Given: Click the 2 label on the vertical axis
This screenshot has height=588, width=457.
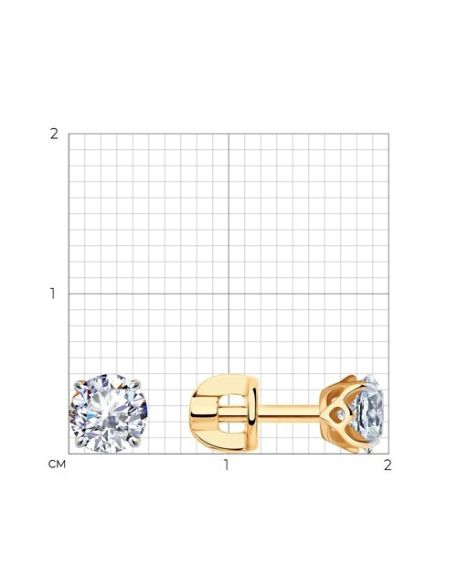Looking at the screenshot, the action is [54, 134].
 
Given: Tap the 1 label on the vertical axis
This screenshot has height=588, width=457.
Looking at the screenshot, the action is [53, 294].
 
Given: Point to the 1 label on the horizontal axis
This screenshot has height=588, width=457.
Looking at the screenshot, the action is [226, 465].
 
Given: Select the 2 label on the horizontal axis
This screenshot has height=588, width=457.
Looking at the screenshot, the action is [388, 465].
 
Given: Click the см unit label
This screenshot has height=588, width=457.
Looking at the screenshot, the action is [57, 465].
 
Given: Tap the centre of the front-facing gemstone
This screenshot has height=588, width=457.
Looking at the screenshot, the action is [108, 413].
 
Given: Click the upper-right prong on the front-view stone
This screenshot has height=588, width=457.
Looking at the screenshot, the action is [136, 384].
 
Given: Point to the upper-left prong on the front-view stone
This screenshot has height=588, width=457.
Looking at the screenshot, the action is [80, 385].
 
